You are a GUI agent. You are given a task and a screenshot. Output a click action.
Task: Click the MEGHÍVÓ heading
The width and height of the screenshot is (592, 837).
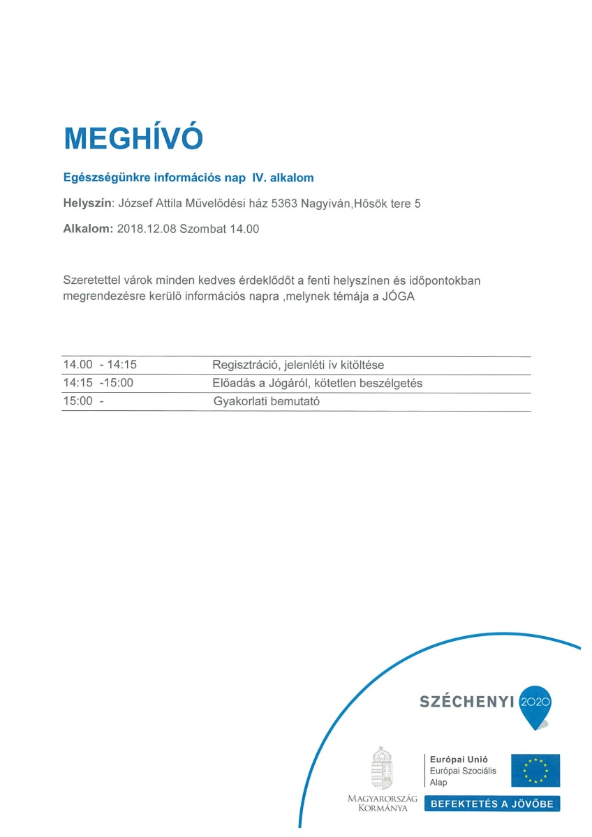tap(133, 139)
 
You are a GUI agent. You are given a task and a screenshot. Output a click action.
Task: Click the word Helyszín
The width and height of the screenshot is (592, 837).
tap(87, 204)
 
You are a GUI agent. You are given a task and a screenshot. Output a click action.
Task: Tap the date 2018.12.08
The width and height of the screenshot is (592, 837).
tap(147, 228)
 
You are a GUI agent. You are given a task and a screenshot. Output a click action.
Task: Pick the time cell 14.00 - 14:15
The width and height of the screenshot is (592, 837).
tap(100, 365)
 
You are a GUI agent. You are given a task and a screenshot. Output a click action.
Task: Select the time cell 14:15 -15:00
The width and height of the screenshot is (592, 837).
tap(98, 383)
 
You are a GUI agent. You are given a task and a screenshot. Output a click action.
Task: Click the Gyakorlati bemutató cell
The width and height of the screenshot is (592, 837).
tap(266, 402)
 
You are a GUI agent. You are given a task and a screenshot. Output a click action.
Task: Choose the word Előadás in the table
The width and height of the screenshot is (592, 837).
tap(234, 383)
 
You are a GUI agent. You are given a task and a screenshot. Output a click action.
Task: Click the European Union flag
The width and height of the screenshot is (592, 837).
tap(535, 770)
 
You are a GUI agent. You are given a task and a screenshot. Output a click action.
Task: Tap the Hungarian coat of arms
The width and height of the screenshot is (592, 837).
tap(382, 767)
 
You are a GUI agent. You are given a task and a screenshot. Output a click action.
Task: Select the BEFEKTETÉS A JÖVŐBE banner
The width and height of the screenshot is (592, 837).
tap(491, 804)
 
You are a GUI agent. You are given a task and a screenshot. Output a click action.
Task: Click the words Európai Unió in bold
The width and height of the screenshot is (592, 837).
tap(459, 759)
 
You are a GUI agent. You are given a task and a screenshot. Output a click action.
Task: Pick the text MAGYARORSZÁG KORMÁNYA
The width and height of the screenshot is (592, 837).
tap(382, 803)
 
